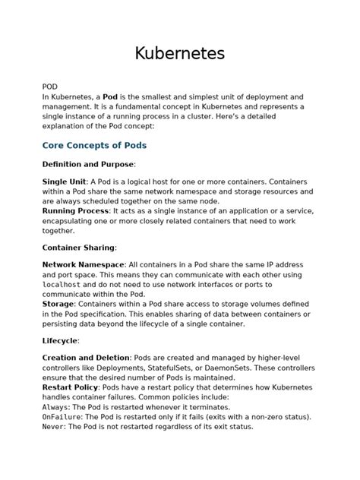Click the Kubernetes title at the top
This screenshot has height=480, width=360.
pos(180,54)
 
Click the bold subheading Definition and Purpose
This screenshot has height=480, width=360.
pos(87,164)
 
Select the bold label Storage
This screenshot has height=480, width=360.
pos(58,305)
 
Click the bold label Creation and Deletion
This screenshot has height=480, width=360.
pos(86,357)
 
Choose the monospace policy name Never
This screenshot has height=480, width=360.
pos(53,427)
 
